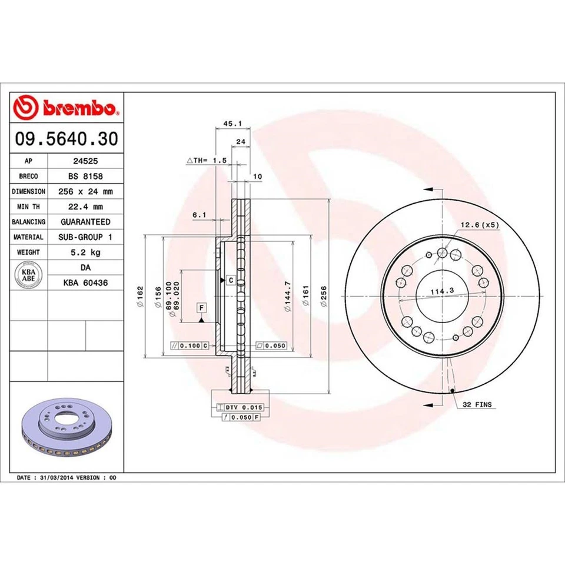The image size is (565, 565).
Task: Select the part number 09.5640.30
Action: [x=66, y=139]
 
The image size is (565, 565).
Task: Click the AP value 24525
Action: [x=85, y=161]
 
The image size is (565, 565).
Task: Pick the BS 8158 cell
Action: [x=85, y=176]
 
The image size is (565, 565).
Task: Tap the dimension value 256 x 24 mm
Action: [x=85, y=191]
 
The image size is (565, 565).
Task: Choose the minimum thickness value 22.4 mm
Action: [x=85, y=207]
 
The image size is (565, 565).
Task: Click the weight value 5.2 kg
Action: [x=85, y=252]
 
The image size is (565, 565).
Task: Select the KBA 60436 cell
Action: [x=85, y=283]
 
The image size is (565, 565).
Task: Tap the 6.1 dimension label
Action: [x=199, y=215]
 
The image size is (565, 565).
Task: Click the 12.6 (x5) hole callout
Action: [x=479, y=225]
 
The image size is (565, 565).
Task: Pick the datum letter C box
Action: [x=231, y=280]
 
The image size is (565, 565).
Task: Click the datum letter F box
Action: [x=201, y=308]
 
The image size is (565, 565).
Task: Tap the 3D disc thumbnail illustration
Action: [x=66, y=430]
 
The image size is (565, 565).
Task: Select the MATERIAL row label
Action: [x=28, y=237]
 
